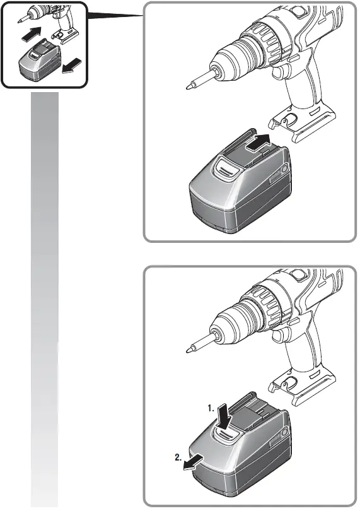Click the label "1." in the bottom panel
point(214,408)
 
